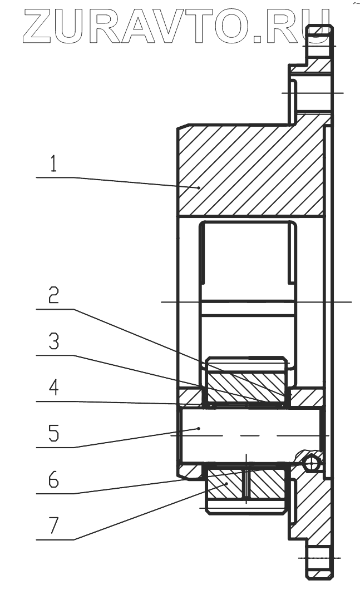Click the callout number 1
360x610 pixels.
[x=53, y=165]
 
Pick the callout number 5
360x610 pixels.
[x=53, y=433]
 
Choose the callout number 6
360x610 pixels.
[x=53, y=479]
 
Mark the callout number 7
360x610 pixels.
[x=53, y=525]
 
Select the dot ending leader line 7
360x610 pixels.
[x=226, y=484]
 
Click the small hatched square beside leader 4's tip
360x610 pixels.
[x=189, y=397]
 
